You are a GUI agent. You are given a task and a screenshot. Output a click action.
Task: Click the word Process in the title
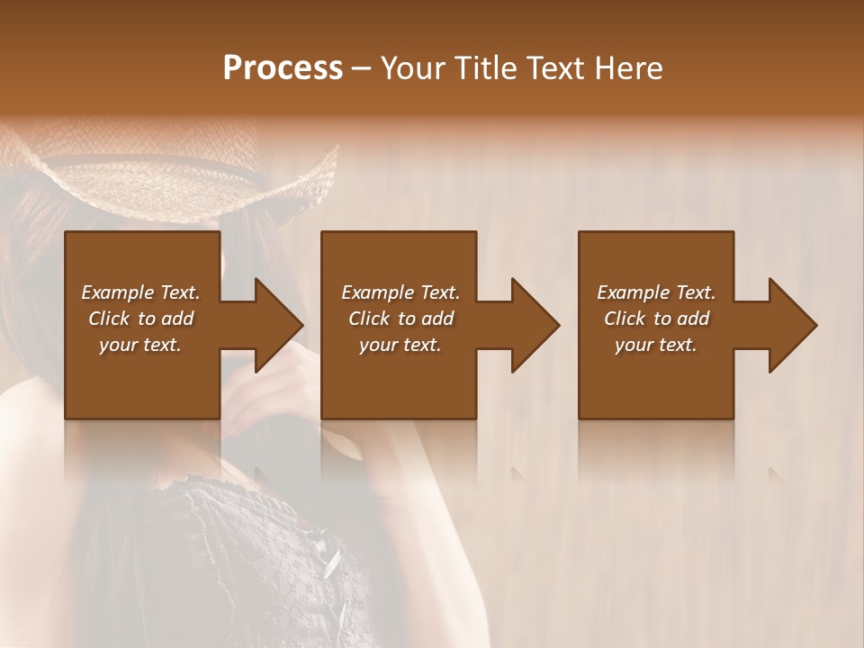(x=283, y=68)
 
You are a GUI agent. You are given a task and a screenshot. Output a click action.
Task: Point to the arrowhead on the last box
(x=791, y=325)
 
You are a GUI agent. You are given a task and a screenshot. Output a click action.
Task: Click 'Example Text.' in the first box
(x=141, y=292)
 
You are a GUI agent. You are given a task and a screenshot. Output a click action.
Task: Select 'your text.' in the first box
(x=141, y=345)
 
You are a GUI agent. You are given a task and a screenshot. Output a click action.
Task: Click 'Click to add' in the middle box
(x=400, y=319)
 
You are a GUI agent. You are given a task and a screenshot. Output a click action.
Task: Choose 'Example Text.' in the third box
(x=656, y=292)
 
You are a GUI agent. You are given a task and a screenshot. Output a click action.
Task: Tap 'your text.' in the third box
(x=656, y=345)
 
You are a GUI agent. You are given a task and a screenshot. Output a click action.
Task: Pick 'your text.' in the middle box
(x=400, y=345)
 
